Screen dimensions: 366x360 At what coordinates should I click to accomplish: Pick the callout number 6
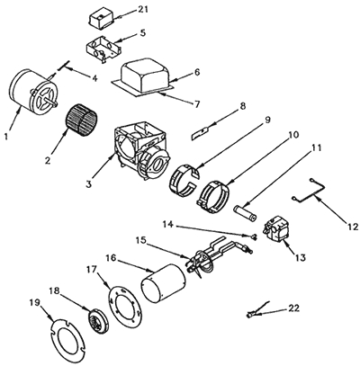point(171,72)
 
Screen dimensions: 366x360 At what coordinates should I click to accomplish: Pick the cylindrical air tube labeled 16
point(161,285)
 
